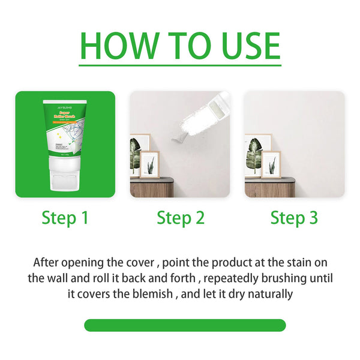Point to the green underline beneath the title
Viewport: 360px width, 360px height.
coord(180,64)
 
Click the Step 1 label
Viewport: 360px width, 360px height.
coord(65,218)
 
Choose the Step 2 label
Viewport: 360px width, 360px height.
coord(180,218)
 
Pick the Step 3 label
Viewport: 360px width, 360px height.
coord(294,218)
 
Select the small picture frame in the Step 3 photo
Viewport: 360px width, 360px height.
coord(271,165)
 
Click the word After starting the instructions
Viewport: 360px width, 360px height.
coord(48,263)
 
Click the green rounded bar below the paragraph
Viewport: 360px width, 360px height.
coord(185,325)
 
